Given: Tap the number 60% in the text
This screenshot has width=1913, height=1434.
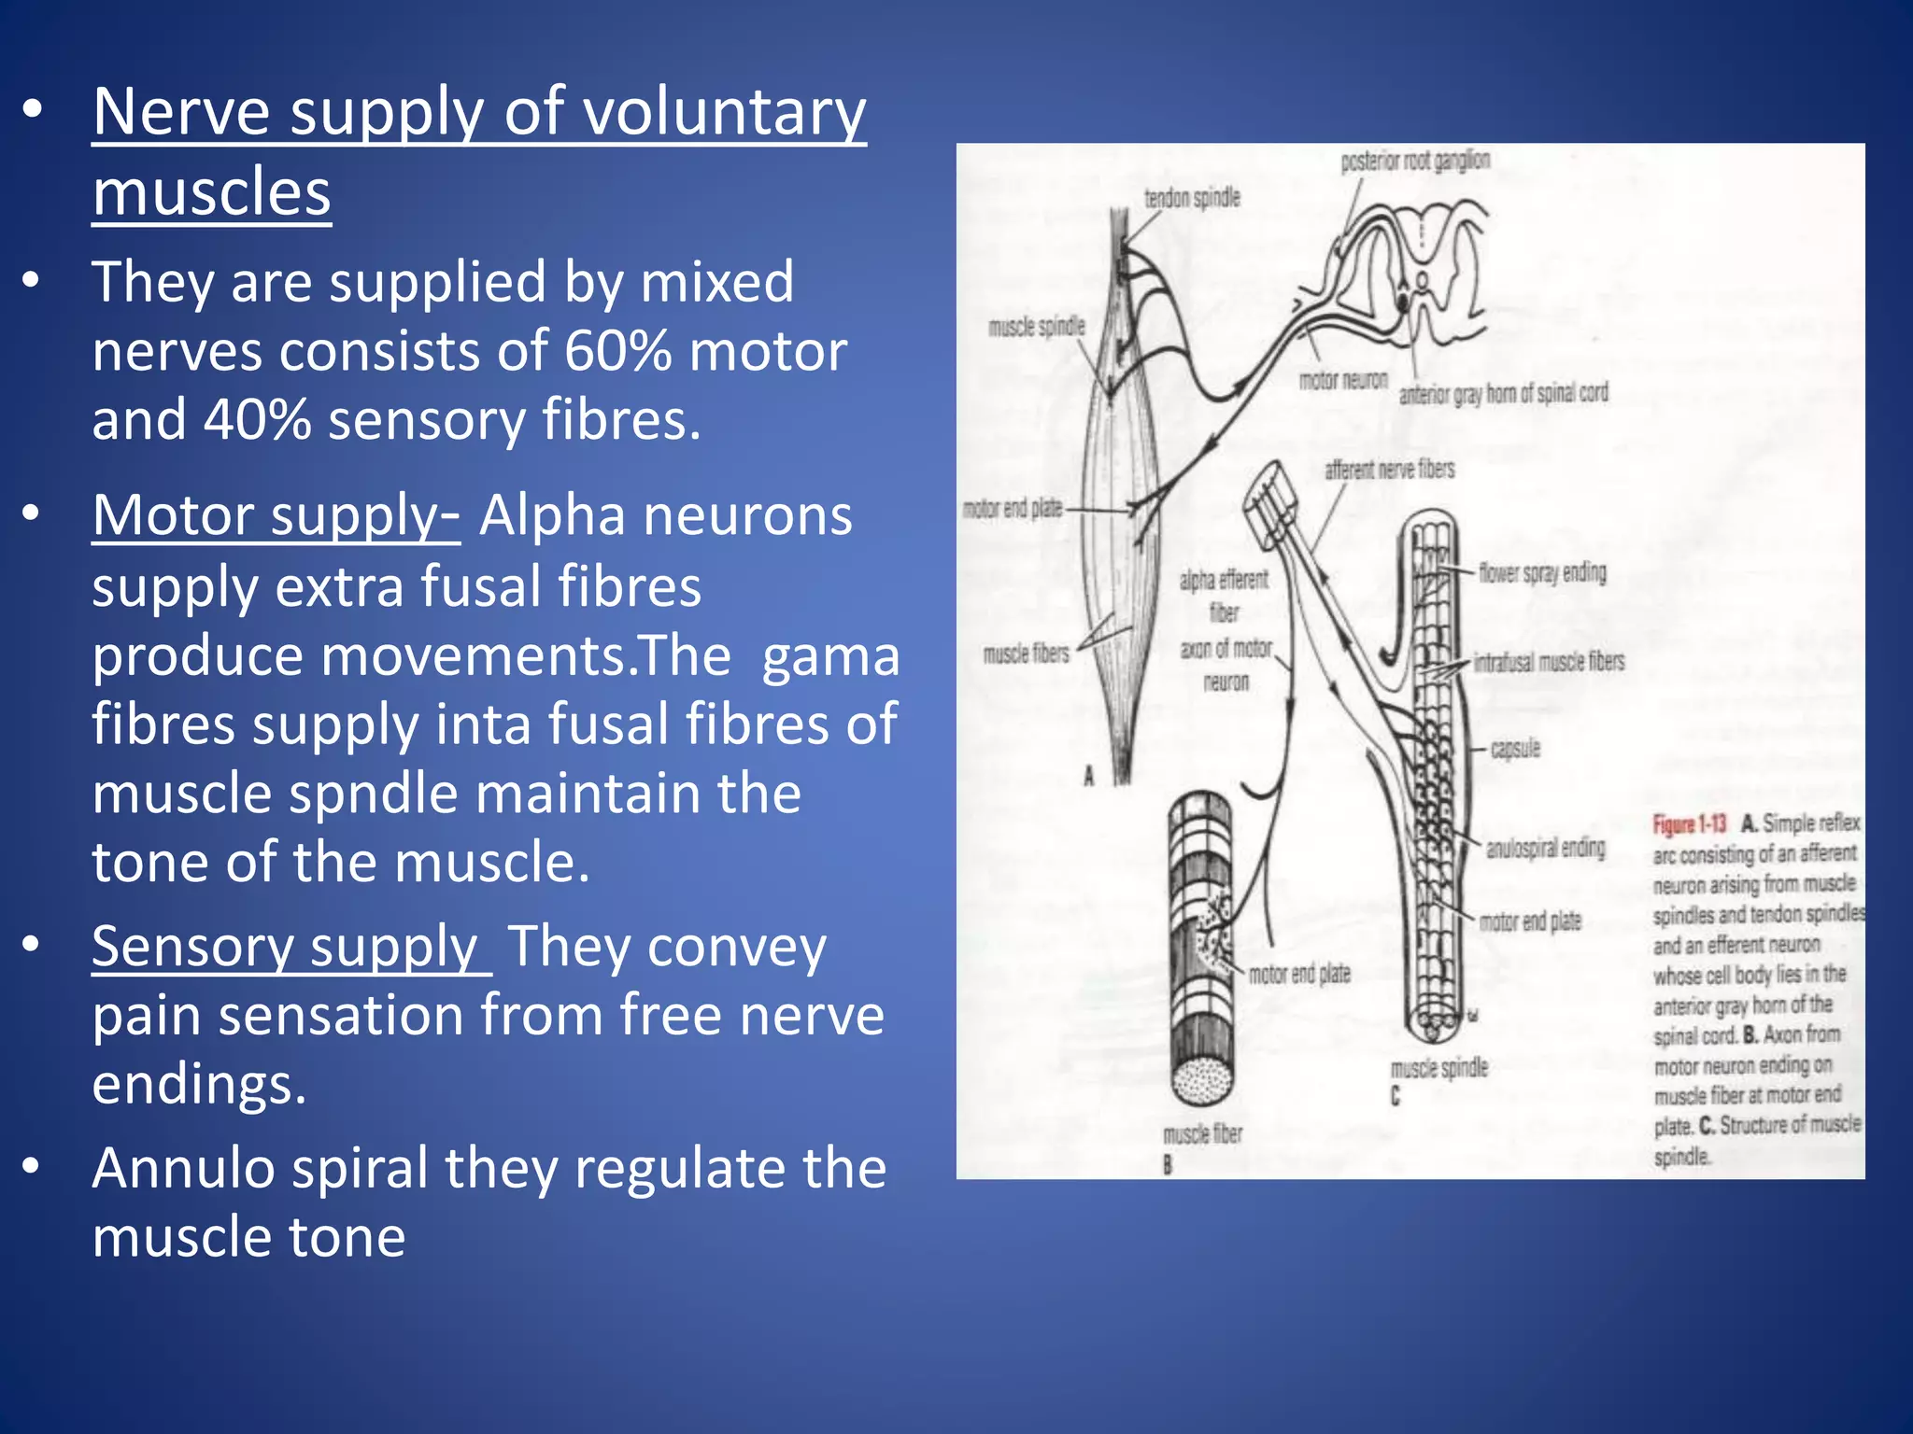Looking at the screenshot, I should tap(617, 351).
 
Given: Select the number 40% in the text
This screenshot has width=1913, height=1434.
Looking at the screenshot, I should tap(257, 420).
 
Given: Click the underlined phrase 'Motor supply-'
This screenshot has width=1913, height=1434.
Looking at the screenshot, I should tap(276, 515).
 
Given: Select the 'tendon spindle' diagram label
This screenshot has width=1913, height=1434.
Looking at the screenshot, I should tap(1192, 198).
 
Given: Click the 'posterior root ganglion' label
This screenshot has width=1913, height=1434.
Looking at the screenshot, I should tap(1415, 162).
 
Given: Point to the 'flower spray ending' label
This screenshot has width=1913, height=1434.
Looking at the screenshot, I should tap(1542, 572).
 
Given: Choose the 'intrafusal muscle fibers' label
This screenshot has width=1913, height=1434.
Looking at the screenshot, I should tap(1549, 662).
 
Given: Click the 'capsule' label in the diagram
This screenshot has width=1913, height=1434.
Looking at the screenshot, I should tap(1515, 749).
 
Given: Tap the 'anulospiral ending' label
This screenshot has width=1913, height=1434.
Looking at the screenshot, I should tap(1546, 848).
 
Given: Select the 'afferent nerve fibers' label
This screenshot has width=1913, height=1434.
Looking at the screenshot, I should tap(1389, 470).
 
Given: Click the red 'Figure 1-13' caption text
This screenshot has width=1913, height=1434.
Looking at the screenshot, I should tap(1690, 824).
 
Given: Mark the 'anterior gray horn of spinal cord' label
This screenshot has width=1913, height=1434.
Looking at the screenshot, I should tap(1503, 394).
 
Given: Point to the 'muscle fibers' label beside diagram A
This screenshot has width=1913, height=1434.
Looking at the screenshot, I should tap(1026, 654).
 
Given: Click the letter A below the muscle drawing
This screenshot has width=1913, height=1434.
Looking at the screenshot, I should tap(1089, 776).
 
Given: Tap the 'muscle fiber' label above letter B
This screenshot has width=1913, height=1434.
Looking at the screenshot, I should tap(1202, 1133).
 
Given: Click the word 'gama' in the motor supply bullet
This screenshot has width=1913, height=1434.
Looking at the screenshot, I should tap(830, 656).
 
